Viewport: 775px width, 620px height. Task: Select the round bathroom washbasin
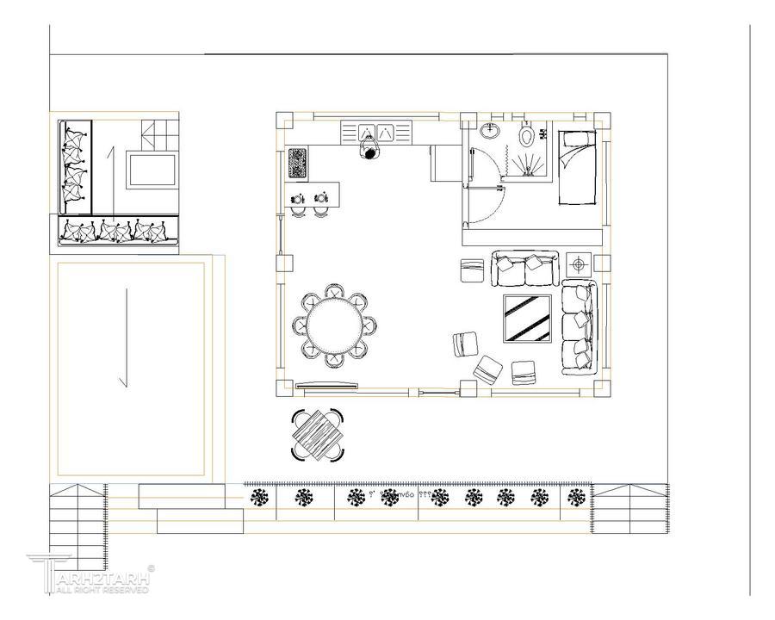click(x=490, y=132)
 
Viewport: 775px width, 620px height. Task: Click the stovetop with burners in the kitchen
click(x=297, y=163)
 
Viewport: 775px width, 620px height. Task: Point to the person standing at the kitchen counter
click(x=370, y=152)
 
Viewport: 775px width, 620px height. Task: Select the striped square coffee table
click(x=527, y=319)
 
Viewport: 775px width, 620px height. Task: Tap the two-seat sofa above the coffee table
click(x=525, y=269)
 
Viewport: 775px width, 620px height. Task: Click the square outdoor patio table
click(x=318, y=435)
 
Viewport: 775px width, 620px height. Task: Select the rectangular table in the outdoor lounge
click(x=152, y=170)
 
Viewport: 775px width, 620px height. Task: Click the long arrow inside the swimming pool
click(x=127, y=338)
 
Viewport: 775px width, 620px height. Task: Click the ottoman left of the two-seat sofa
click(x=473, y=270)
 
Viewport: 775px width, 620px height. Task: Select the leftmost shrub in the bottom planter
click(x=258, y=497)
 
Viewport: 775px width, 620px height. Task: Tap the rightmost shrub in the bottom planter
click(x=575, y=497)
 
